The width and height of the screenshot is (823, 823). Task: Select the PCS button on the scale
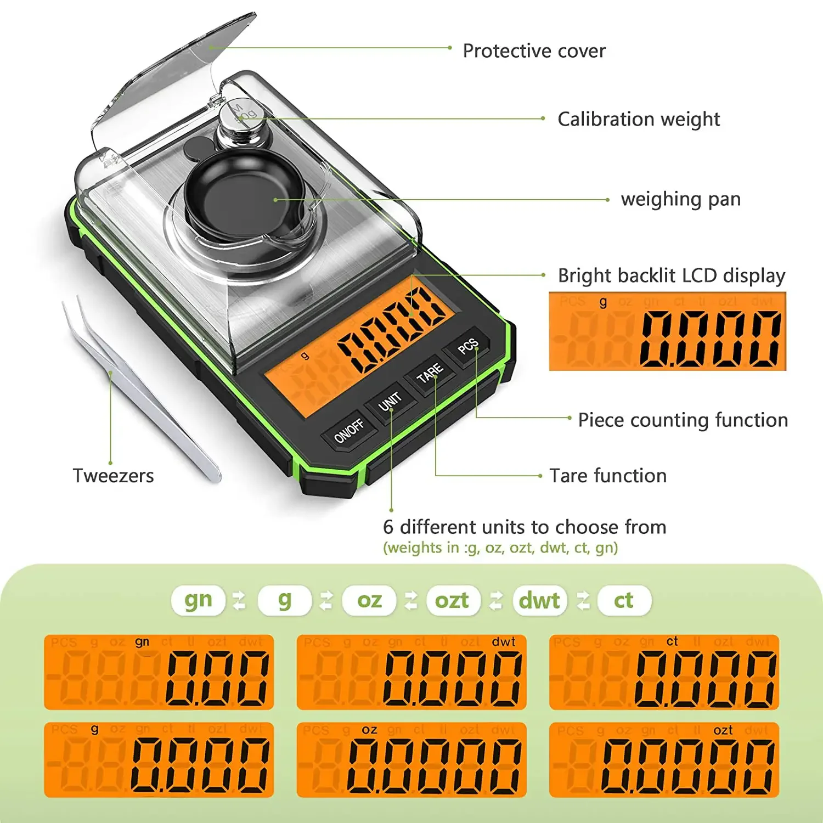click(468, 346)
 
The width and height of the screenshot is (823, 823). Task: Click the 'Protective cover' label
click(534, 51)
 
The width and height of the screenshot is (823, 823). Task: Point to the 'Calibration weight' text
click(639, 119)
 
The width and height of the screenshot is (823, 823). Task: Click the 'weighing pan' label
click(680, 199)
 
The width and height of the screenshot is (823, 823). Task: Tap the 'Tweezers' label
click(113, 476)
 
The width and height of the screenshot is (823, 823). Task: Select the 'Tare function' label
click(608, 476)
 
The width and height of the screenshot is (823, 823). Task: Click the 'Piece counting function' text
click(683, 420)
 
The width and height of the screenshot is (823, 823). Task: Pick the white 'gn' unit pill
click(198, 600)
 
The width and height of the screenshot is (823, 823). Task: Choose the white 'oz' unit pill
click(369, 600)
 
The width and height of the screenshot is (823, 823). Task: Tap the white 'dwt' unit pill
click(539, 600)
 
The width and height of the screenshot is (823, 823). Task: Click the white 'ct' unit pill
click(624, 600)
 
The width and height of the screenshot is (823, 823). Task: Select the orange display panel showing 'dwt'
click(411, 672)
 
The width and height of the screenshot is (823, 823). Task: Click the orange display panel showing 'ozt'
click(664, 760)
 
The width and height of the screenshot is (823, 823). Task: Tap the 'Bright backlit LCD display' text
click(671, 275)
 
